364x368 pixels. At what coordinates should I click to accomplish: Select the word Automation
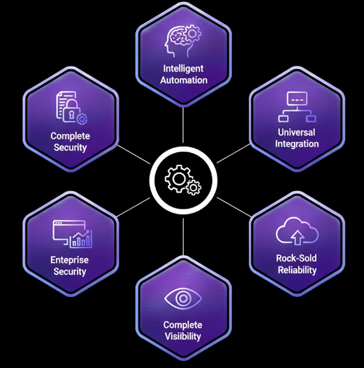[183, 80]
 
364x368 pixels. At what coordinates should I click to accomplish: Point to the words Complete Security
[70, 141]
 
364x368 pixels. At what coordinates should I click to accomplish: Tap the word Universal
[297, 132]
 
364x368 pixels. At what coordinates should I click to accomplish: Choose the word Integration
[297, 143]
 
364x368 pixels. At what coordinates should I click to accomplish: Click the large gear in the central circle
[177, 177]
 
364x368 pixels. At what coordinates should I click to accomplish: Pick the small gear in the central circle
[193, 188]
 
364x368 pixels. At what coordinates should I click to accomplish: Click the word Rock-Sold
[296, 258]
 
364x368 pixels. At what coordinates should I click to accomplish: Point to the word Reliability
[296, 270]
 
